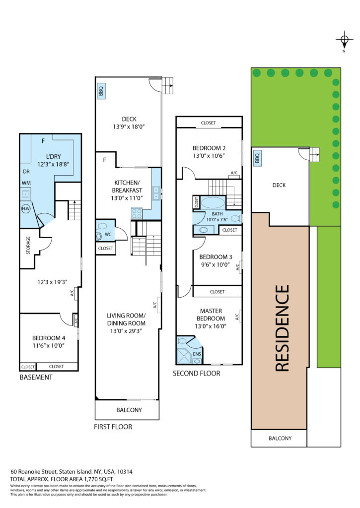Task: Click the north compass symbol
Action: [x=344, y=40]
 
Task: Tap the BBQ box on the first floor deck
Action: [x=100, y=90]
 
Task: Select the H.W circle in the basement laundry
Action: [x=26, y=209]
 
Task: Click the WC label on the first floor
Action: [x=108, y=234]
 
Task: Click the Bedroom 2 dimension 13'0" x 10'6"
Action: [x=209, y=155]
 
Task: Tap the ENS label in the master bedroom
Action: [x=197, y=354]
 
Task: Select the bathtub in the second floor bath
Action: [x=213, y=203]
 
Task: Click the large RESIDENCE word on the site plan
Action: [x=282, y=328]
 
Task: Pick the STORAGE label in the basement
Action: [x=28, y=245]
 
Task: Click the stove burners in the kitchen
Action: [x=137, y=213]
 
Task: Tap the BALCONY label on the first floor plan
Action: [x=129, y=410]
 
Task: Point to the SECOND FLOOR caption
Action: [x=196, y=373]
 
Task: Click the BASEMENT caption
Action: [x=36, y=377]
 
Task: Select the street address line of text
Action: [x=72, y=471]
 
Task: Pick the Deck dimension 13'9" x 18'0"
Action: [x=129, y=127]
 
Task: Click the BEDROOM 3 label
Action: [x=216, y=257]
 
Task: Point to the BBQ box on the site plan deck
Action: [x=257, y=158]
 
